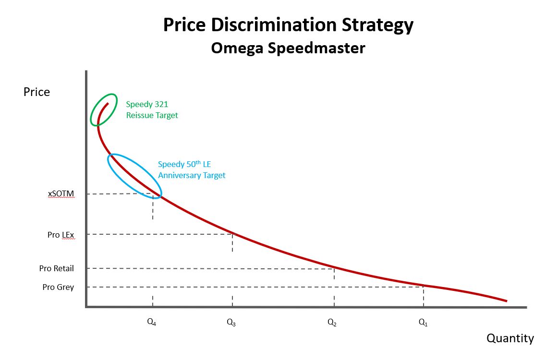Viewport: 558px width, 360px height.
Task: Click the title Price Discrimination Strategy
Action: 288,25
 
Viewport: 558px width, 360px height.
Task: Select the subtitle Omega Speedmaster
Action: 288,48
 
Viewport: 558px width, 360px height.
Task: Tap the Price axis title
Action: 36,92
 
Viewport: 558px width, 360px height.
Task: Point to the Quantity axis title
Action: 510,338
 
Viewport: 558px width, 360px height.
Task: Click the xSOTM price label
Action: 61,194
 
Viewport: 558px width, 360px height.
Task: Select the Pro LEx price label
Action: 61,235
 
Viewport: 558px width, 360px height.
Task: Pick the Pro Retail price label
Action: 57,268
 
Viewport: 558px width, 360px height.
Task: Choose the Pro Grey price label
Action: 58,287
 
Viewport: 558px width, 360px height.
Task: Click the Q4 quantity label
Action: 152,323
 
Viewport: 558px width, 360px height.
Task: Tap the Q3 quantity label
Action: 231,323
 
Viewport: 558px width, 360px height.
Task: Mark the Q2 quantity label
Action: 332,323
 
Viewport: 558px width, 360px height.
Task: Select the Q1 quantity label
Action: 423,323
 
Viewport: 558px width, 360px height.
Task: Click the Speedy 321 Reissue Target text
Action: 152,109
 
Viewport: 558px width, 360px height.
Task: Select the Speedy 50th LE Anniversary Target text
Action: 192,170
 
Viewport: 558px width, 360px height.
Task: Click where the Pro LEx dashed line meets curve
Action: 232,234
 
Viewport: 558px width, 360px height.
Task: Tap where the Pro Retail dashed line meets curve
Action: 334,268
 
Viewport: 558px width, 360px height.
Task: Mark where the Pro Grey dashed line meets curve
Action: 424,287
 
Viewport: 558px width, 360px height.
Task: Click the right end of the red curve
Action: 506,301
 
